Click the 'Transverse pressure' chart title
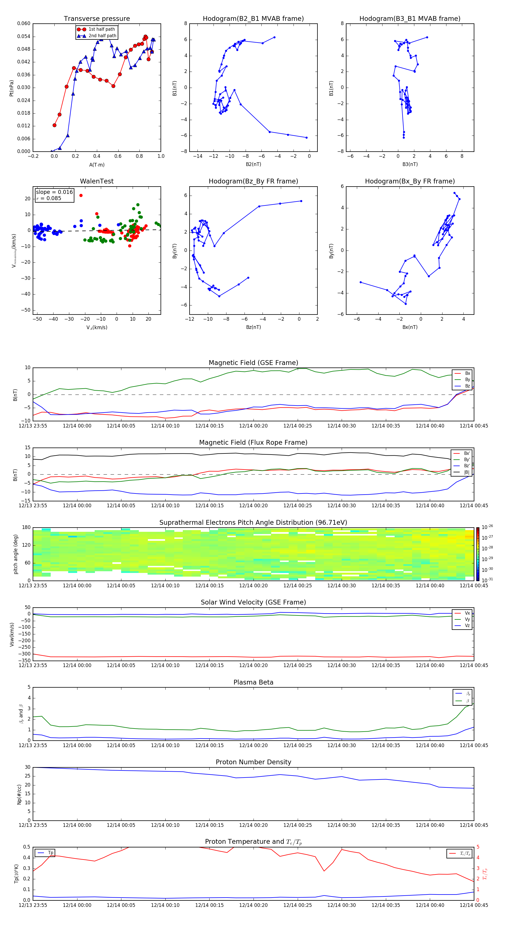point(97,19)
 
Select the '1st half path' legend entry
point(101,29)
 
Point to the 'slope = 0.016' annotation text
point(54,192)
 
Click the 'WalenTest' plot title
point(97,181)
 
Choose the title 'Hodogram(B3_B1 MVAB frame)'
point(410,19)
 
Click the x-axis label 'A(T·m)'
point(97,165)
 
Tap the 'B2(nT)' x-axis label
point(253,164)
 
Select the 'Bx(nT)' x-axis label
point(410,327)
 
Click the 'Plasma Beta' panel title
point(253,682)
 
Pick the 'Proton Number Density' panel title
point(253,762)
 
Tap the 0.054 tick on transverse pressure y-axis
point(24,36)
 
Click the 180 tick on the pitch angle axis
point(26,528)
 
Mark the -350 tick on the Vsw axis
point(24,661)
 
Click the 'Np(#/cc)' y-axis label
point(19,794)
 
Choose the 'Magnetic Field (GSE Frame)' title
point(253,363)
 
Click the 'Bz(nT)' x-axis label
point(253,327)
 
